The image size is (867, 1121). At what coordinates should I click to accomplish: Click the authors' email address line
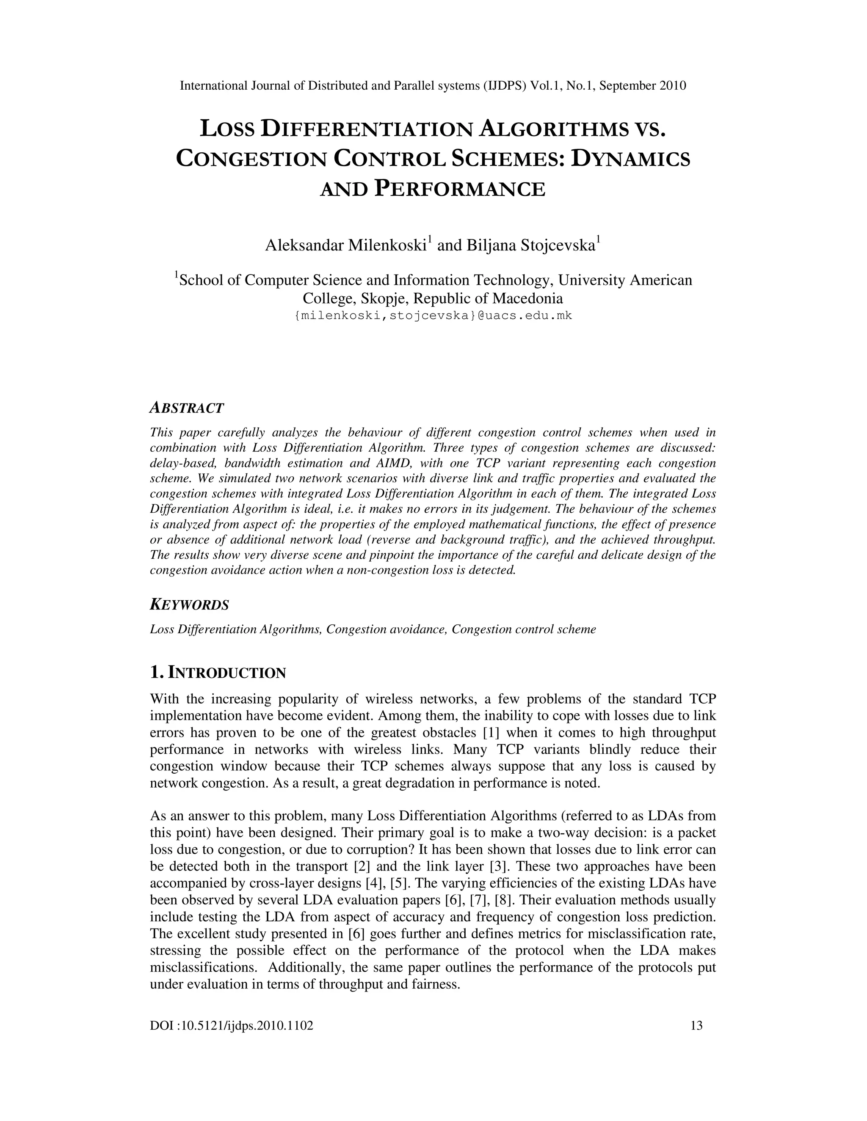[433, 316]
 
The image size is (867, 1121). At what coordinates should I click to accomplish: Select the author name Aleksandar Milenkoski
[347, 245]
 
